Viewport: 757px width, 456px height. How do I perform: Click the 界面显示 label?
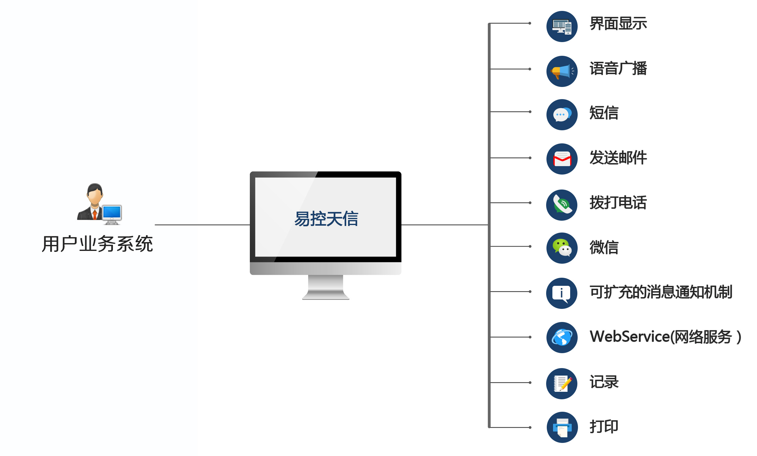click(618, 24)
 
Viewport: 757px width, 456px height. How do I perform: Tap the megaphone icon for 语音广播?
click(562, 71)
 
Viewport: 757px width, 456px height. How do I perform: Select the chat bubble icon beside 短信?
click(562, 115)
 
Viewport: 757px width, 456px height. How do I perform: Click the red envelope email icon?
click(562, 159)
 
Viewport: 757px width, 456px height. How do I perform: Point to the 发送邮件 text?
click(618, 158)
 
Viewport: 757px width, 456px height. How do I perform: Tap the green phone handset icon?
click(562, 205)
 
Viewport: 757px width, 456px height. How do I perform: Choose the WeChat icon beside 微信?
click(562, 248)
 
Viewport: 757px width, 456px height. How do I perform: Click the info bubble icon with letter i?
click(561, 293)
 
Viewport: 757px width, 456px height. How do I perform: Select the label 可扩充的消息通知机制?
click(661, 292)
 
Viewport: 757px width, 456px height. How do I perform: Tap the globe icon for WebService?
click(562, 338)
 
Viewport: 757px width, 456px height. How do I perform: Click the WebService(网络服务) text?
click(665, 337)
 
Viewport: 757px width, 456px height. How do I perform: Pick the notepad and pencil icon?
click(562, 383)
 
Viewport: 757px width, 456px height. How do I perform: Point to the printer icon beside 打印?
click(562, 427)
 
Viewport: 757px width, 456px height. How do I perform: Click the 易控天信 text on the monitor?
click(326, 218)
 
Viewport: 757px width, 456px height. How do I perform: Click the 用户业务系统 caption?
click(97, 244)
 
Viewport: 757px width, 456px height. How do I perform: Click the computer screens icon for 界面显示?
click(562, 26)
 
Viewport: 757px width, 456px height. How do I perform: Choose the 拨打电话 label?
click(618, 203)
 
